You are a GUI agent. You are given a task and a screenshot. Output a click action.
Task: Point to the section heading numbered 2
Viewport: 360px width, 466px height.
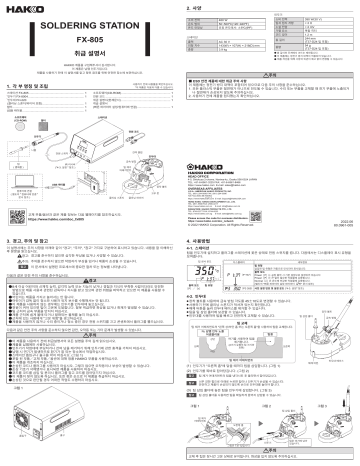click(197, 7)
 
